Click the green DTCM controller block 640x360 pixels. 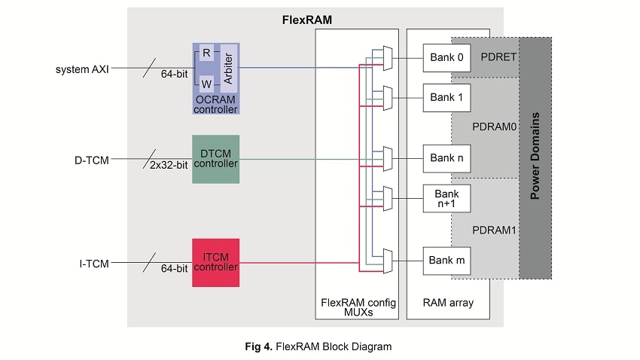215,159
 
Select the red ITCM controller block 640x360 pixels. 215,262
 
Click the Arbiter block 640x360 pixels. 227,69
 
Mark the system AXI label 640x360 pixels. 82,70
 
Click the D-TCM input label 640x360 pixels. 92,160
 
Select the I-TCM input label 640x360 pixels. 93,263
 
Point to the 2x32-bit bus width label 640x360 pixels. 169,166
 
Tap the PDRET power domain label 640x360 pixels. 498,58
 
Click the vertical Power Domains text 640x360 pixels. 535,157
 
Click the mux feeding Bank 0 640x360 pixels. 387,58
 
